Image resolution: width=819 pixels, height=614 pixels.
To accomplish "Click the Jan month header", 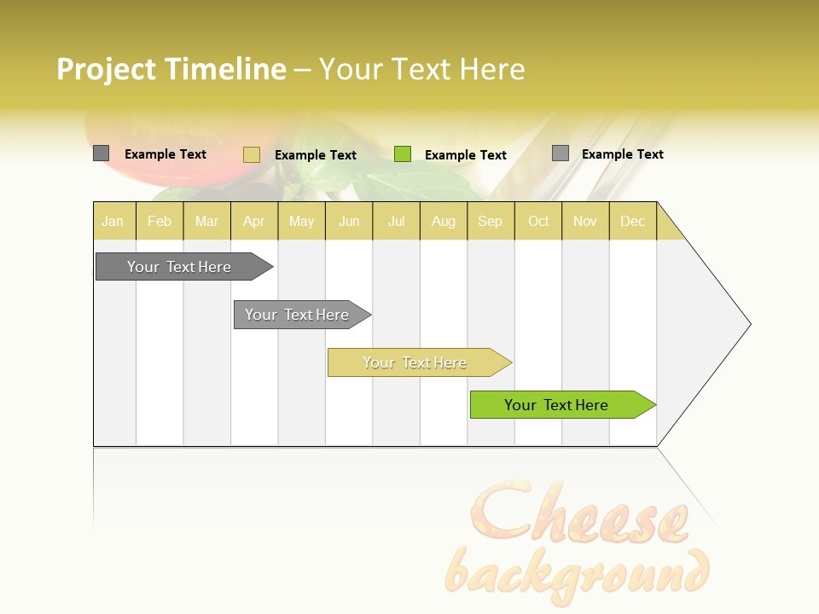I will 113,221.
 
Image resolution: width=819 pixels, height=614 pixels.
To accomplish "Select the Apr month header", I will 253,221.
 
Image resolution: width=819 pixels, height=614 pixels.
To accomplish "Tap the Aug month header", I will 443,221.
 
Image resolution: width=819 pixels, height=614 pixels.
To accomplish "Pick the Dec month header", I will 632,221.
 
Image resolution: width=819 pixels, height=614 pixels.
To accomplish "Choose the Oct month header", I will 538,221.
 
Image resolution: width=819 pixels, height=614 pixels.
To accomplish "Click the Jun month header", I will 349,221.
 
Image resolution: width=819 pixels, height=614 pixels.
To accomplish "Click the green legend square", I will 403,154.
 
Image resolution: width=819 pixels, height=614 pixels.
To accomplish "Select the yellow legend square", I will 252,154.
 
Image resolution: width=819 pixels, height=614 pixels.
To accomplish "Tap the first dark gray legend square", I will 102,153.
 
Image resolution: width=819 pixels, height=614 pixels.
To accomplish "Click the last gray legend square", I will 561,153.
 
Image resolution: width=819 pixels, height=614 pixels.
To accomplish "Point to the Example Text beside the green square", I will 466,155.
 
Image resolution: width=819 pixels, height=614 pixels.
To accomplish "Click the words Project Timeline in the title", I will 171,69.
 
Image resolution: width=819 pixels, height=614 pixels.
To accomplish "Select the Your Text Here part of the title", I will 421,69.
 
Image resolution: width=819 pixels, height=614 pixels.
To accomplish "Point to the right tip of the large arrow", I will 748,324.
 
